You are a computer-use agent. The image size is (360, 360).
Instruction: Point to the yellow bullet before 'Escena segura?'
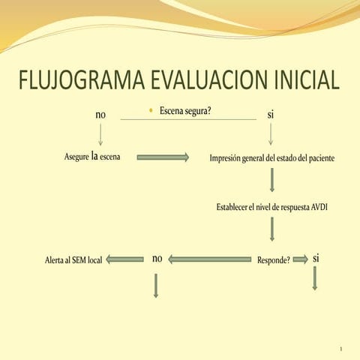[x=151, y=111]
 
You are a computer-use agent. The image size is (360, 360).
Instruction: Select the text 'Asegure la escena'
[x=93, y=157]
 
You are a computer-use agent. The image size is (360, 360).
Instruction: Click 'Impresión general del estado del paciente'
[x=272, y=158]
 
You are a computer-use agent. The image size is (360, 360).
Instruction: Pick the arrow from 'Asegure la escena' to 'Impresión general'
[x=163, y=157]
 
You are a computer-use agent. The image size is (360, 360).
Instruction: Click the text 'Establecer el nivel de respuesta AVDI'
[x=272, y=207]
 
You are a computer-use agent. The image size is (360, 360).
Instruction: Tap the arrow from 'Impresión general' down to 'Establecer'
[x=272, y=180]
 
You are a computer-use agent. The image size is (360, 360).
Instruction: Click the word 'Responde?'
[x=274, y=260]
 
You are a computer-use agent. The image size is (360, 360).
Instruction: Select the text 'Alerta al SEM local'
[x=73, y=260]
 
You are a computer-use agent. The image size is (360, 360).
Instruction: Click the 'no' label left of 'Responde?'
[x=157, y=259]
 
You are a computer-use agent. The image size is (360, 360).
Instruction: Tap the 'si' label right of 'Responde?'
[x=316, y=258]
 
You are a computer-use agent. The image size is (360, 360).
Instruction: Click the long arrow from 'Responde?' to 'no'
[x=209, y=259]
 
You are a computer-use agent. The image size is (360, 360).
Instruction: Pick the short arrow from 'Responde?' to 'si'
[x=300, y=259]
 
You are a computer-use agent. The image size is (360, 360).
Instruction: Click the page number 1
[x=340, y=349]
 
